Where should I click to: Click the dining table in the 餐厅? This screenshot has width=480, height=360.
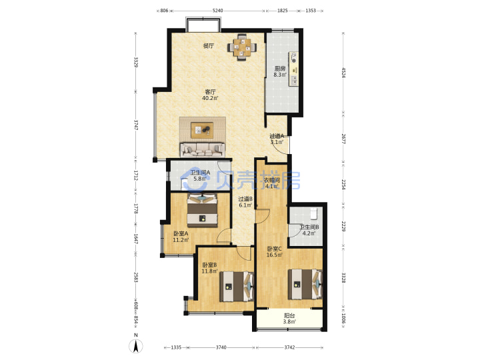[242, 47]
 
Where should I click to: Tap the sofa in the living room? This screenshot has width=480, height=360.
[203, 150]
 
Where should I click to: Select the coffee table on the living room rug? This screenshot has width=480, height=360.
[203, 130]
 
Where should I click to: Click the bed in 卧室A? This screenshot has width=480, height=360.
[203, 210]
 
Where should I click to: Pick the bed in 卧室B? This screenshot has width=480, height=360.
[237, 286]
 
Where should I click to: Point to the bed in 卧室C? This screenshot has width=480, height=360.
[305, 285]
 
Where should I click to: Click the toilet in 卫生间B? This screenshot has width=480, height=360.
[314, 214]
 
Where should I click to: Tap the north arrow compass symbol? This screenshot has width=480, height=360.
[136, 345]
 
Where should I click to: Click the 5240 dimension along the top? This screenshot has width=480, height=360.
[217, 11]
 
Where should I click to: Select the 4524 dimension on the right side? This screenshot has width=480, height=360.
[343, 73]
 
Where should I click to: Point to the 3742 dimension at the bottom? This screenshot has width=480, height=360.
[289, 347]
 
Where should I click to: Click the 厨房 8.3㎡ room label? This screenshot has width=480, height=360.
[280, 71]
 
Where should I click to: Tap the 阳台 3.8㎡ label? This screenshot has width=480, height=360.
[289, 319]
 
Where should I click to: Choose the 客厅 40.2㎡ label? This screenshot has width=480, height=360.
[210, 95]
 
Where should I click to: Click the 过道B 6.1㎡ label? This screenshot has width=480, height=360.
[245, 202]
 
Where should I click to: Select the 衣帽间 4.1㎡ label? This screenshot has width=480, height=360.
[272, 183]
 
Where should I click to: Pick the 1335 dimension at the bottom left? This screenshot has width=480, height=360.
[176, 347]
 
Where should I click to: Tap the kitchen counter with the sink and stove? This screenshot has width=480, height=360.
[293, 70]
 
